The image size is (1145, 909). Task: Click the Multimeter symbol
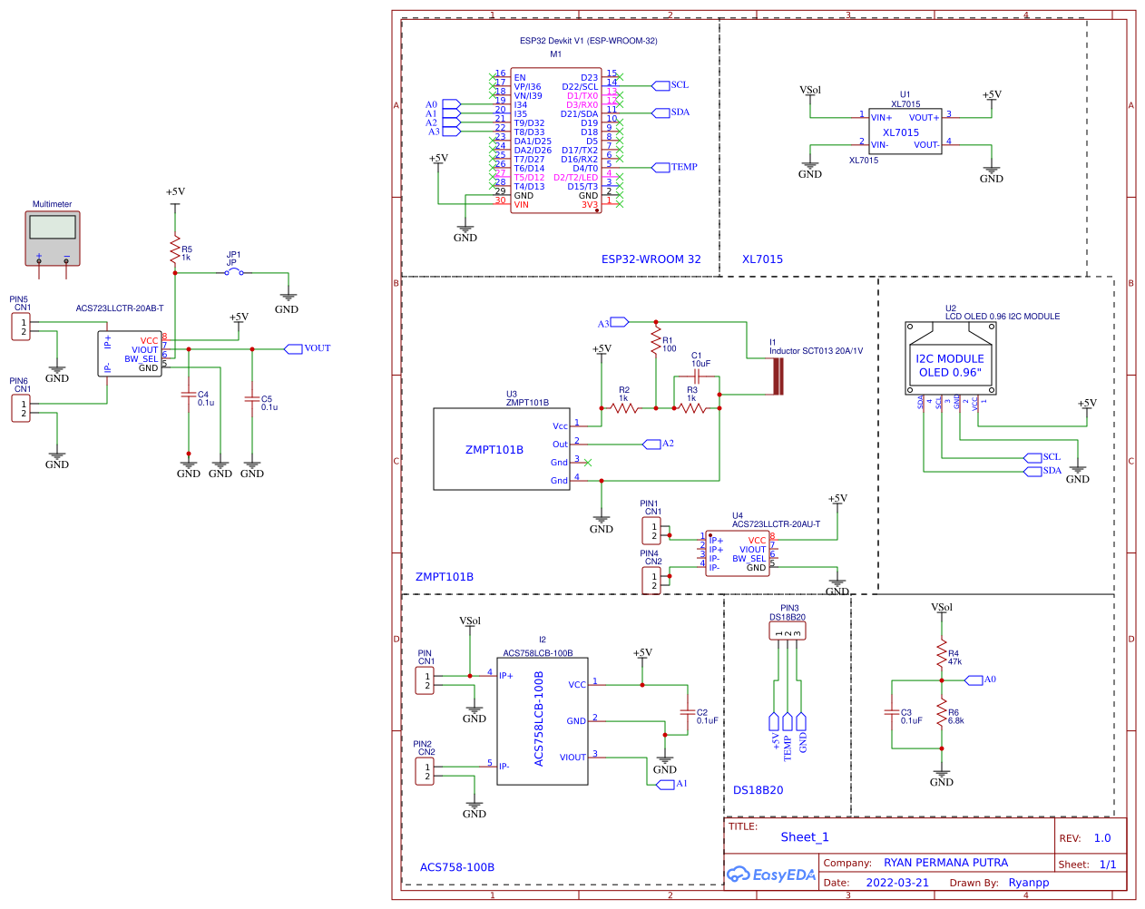point(53,238)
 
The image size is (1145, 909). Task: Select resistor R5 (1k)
point(175,251)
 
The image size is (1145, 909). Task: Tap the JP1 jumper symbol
point(234,272)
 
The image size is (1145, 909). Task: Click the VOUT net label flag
point(293,348)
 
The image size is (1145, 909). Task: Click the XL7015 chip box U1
point(905,132)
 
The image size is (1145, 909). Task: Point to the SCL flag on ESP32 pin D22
point(661,85)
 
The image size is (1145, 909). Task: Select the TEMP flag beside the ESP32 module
point(661,167)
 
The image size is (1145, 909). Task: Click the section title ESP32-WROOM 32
point(651,259)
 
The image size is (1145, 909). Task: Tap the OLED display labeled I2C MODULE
point(949,358)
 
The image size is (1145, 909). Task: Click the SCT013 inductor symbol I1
point(778,376)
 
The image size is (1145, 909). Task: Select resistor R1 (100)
point(655,341)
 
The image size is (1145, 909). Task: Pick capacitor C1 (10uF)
point(697,376)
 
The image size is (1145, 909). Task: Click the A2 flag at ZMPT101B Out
point(651,444)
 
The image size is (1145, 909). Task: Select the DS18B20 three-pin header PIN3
point(788,631)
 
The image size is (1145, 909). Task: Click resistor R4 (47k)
point(942,656)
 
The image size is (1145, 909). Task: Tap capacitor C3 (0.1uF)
point(892,714)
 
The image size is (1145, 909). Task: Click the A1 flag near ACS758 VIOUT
point(666,784)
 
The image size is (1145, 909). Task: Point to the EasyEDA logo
point(771,875)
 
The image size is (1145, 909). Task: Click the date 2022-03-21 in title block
point(897,883)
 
